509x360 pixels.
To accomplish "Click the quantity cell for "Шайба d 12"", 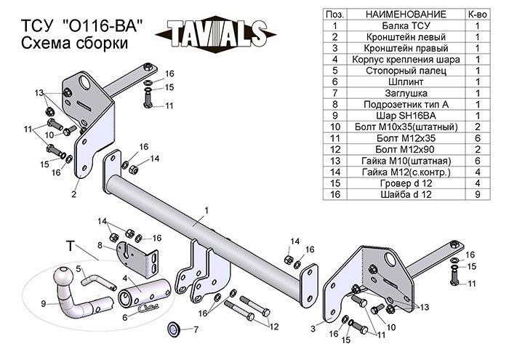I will pos(478,195).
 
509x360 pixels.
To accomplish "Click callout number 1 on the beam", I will pos(207,210).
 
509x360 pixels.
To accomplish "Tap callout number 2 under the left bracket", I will pos(74,194).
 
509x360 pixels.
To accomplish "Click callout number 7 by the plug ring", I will pos(194,330).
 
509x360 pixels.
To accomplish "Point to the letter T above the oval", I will pos(71,246).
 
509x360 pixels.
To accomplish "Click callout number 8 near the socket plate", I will pos(100,247).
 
